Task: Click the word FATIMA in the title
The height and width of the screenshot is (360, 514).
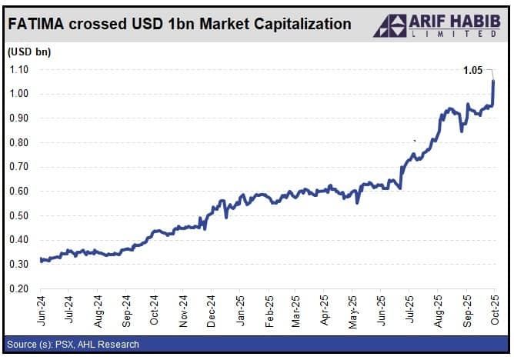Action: (38, 25)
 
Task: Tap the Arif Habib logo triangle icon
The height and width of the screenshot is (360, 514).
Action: (390, 25)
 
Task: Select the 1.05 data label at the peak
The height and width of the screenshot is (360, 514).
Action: (472, 71)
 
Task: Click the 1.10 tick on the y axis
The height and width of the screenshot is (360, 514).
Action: (18, 69)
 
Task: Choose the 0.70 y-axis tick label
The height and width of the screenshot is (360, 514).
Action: (18, 166)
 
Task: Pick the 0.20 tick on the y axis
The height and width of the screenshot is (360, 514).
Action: (18, 288)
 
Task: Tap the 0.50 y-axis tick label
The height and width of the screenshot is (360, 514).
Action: (18, 215)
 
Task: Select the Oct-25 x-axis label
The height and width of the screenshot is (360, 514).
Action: (495, 309)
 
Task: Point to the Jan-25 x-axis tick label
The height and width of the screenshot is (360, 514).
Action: (239, 309)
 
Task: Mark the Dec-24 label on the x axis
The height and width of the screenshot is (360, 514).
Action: (211, 309)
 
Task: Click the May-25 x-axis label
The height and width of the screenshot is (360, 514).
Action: (352, 309)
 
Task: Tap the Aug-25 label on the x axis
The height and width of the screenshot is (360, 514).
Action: (438, 309)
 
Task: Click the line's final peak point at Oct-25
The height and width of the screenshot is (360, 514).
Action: (493, 81)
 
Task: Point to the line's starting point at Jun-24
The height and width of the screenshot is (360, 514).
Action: (41, 260)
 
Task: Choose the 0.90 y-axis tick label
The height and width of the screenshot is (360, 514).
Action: (18, 118)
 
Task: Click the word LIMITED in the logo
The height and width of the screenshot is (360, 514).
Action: (454, 33)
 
